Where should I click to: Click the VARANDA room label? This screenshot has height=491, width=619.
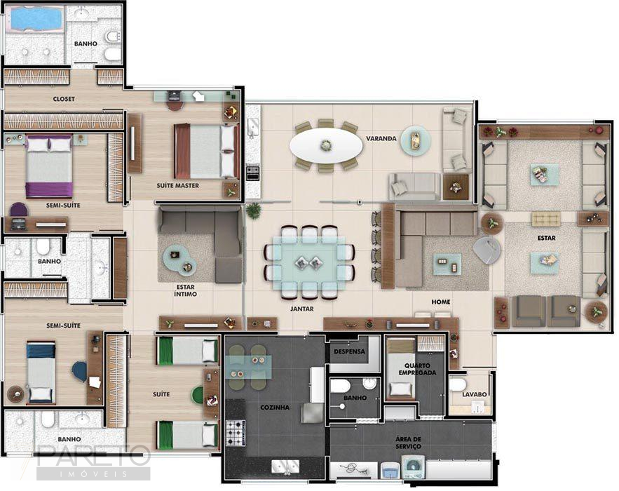coord(381,139)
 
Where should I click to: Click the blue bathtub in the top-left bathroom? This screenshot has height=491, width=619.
coord(35,19)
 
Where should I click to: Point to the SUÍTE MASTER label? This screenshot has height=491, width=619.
coord(177,186)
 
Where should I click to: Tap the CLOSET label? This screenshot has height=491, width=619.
coord(64,99)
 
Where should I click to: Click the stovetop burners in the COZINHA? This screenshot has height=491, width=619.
coord(235,428)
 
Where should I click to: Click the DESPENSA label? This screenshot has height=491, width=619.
coord(348,351)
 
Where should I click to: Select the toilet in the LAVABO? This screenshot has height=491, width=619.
coord(457,384)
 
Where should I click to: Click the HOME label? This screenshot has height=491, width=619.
coord(441,302)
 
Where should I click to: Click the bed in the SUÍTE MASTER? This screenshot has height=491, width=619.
coord(205,151)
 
